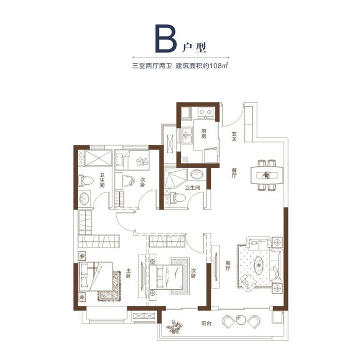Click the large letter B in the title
166,39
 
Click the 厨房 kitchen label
204,134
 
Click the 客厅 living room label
228,265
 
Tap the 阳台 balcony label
206,323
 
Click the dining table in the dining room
267,175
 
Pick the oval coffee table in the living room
259,265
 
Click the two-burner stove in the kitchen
205,113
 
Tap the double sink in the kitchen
187,136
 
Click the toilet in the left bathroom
85,181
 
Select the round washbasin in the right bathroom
196,174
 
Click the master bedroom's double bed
96,277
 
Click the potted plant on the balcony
175,327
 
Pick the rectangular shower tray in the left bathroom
98,158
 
